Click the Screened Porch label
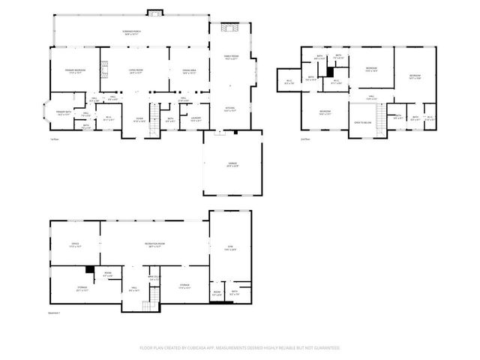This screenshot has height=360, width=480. click(x=132, y=32)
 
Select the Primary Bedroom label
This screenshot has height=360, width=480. click(x=67, y=71)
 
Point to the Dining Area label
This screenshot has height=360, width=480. click(x=187, y=72)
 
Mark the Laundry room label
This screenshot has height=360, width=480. click(x=196, y=118)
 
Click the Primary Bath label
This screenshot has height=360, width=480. click(x=63, y=113)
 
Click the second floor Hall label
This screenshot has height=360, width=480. click(x=371, y=97)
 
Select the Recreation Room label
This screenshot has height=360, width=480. click(x=155, y=245)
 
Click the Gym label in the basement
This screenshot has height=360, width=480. click(x=231, y=248)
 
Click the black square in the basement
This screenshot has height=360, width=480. click(x=89, y=270)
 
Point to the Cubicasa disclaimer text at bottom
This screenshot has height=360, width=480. click(x=240, y=347)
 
